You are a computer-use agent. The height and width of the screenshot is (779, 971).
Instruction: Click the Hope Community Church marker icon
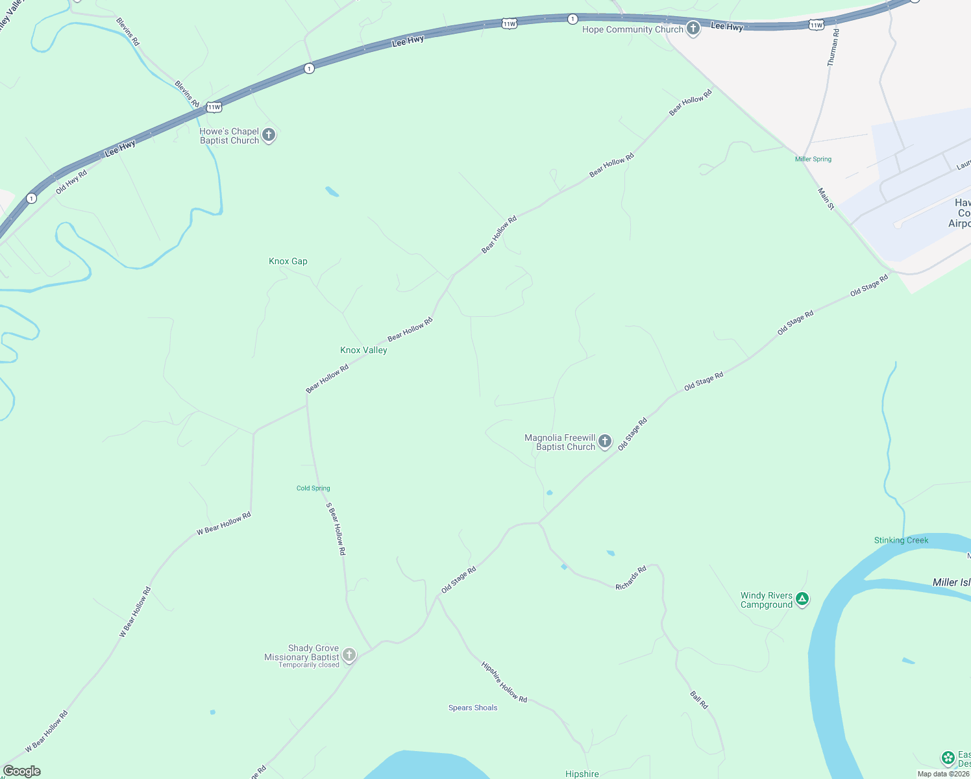click(x=693, y=29)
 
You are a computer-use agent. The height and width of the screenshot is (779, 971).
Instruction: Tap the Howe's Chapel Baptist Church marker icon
click(x=269, y=135)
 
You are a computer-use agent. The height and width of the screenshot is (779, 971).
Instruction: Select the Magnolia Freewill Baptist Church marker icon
click(x=605, y=442)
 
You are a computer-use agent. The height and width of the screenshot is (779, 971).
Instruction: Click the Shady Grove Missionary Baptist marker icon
click(x=349, y=654)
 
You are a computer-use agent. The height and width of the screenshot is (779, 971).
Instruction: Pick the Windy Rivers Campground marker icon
click(x=802, y=599)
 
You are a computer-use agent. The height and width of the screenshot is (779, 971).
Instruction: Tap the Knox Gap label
click(x=288, y=261)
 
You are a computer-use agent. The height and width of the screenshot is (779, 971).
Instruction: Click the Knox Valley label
click(x=363, y=350)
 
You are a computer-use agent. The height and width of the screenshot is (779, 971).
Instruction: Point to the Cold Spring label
click(x=313, y=488)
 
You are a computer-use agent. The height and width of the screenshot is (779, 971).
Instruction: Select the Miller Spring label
click(x=813, y=159)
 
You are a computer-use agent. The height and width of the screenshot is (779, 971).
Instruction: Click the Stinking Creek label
click(x=901, y=540)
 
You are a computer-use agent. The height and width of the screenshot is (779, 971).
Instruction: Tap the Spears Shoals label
click(x=473, y=708)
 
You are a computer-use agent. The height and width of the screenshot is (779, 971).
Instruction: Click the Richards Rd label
click(x=631, y=578)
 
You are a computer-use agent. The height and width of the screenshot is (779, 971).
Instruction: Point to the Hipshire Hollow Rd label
click(x=504, y=682)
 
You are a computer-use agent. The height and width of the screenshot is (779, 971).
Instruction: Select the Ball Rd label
click(x=699, y=700)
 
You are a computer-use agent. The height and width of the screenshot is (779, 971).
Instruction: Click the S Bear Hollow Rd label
click(x=336, y=528)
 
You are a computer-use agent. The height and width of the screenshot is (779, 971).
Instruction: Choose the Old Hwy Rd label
click(x=71, y=182)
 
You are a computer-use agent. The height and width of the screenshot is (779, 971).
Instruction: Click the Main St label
click(x=826, y=199)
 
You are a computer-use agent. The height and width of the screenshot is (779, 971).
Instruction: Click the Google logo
click(x=21, y=771)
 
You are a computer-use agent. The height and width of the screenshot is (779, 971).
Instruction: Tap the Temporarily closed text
click(x=309, y=665)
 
